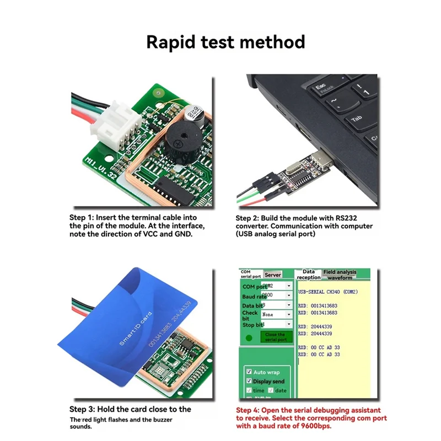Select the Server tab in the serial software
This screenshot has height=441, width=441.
point(273,275)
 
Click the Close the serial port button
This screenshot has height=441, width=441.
point(275,337)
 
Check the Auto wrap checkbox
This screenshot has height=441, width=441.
point(249,372)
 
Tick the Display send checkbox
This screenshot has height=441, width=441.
point(249,381)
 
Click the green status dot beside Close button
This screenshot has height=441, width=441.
point(249,337)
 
